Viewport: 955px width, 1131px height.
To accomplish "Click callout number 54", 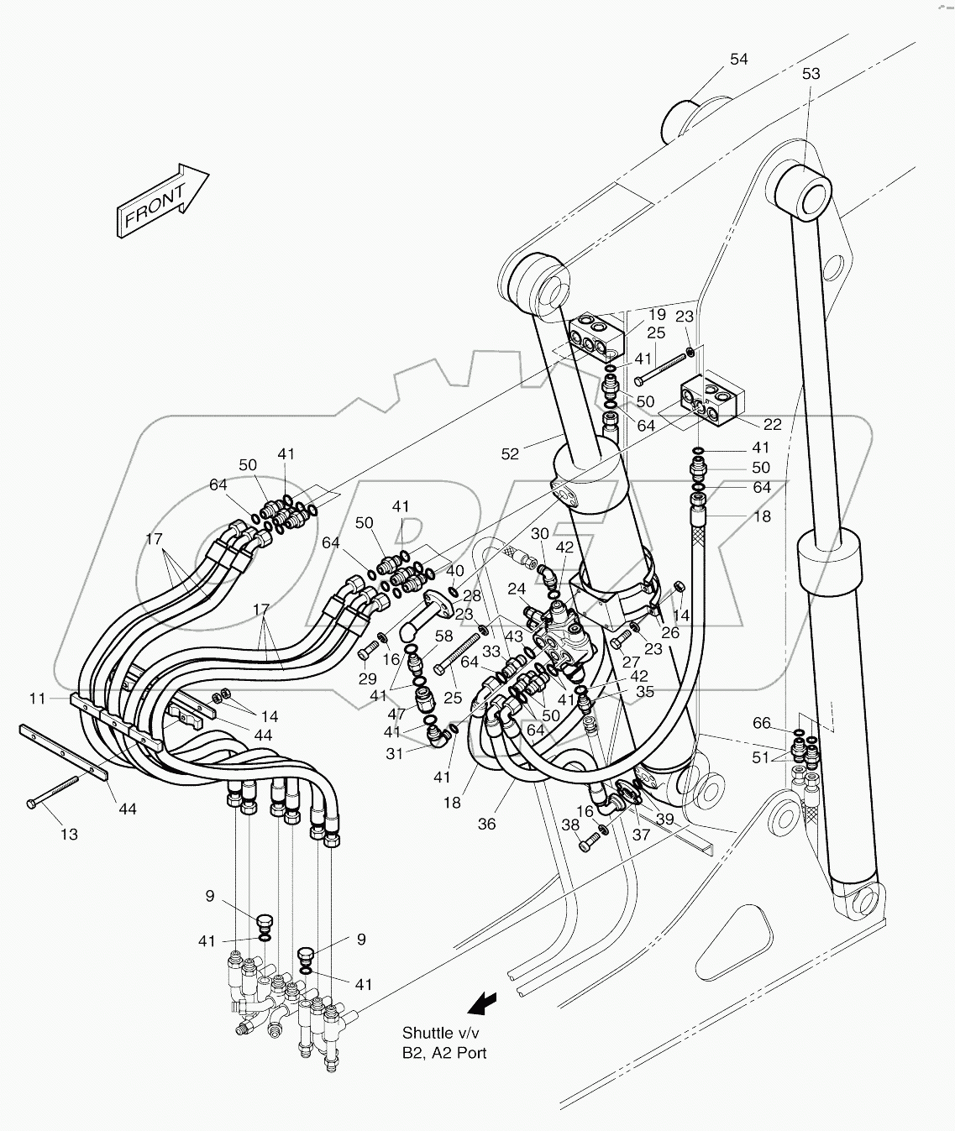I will pos(738,59).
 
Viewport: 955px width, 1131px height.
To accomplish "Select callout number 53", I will pos(810,74).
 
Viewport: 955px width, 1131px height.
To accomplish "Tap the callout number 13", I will pos(69,834).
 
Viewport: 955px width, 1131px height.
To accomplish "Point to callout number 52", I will pos(510,453).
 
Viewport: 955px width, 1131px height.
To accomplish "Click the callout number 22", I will pos(772,424).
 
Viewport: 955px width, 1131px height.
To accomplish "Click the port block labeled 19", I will pos(596,334).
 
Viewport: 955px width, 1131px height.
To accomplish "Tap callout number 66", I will pos(761,723).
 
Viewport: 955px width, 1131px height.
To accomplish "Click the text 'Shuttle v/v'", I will pos(438,1033).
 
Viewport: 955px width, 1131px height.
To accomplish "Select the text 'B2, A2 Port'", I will pos(443,1053).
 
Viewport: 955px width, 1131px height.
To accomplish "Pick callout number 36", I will pos(486,824).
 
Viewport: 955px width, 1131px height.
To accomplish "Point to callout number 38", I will pos(569,825).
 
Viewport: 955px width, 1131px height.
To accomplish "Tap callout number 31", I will pos(395,753).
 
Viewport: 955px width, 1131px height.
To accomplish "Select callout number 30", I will pos(539,534).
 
